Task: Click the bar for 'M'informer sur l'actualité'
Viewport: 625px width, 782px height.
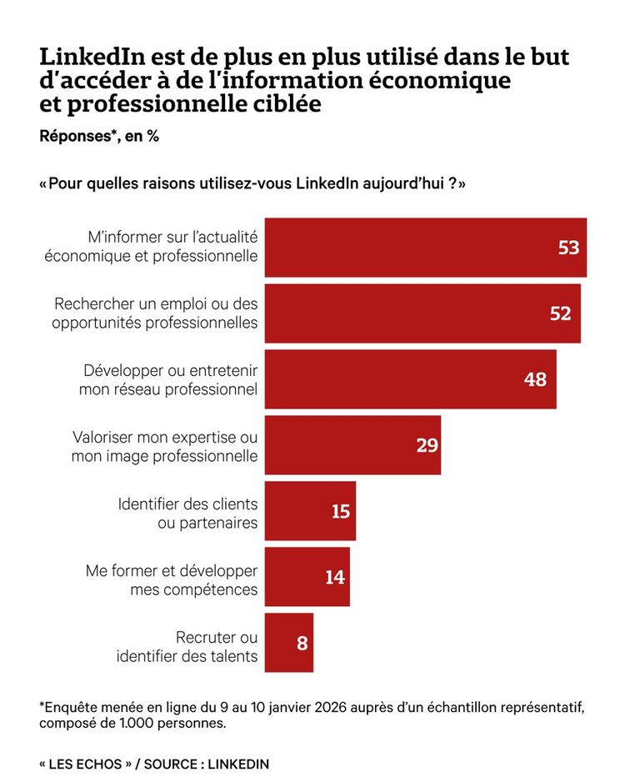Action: pos(425,248)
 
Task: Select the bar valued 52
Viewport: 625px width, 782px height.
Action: pos(422,313)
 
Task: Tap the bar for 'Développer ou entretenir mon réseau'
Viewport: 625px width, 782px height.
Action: pos(410,379)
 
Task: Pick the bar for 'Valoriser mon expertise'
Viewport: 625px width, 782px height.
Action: pos(352,445)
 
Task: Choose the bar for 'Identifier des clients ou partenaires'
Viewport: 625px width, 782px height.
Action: pos(310,511)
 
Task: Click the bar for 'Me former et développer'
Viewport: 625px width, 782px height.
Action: pos(307,577)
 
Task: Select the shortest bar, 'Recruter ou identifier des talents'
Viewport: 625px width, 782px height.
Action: pos(288,643)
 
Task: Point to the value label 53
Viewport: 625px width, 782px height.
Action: pos(568,248)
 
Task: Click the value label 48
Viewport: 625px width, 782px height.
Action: pos(535,379)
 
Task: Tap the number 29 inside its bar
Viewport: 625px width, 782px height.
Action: pos(427,445)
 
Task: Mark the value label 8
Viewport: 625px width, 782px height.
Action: pos(302,643)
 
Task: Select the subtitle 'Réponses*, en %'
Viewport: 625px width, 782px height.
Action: pos(99,136)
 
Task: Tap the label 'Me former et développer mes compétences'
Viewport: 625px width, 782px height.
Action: pos(172,579)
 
